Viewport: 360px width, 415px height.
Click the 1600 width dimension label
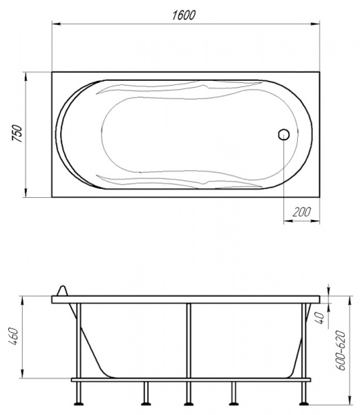pyautogui.click(x=184, y=15)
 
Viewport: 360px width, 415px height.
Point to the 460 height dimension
pyautogui.click(x=15, y=338)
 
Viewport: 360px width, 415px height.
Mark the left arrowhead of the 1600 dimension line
pyautogui.click(x=56, y=25)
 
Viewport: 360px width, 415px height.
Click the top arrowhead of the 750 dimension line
pyautogui.click(x=26, y=75)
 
